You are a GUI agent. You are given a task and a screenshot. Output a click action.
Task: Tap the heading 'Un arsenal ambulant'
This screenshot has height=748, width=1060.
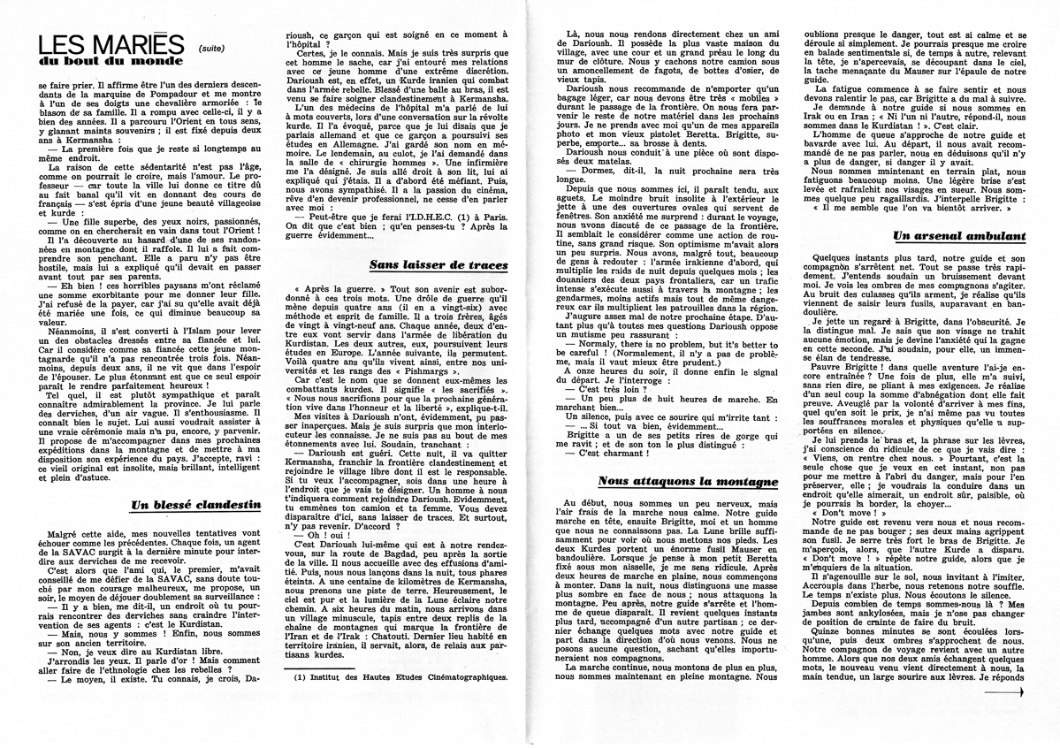947,236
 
